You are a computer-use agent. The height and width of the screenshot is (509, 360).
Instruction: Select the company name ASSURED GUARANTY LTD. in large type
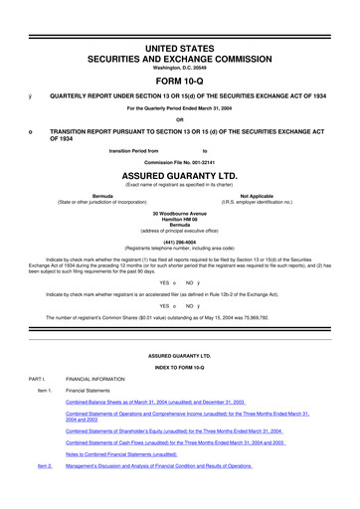click(179, 170)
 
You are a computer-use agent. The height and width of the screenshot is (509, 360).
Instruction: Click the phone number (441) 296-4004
click(179, 247)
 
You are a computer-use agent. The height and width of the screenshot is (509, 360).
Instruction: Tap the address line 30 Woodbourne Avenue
click(179, 214)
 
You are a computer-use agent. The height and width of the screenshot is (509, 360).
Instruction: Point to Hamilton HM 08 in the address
click(179, 221)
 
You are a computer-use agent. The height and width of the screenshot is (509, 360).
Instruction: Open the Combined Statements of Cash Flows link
click(174, 468)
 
